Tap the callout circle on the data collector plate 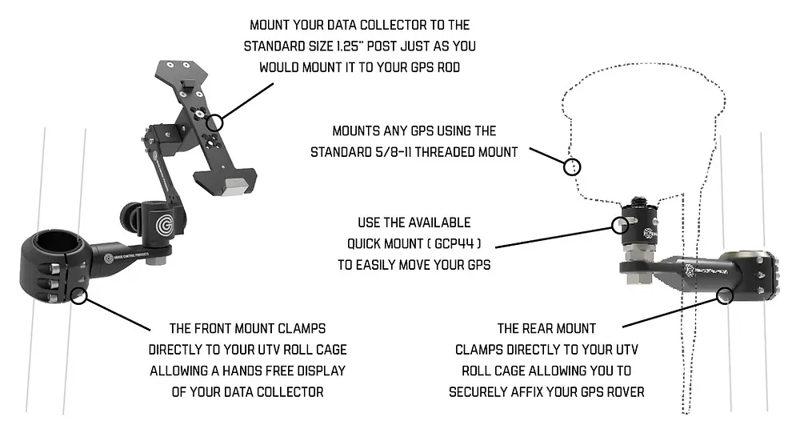214,122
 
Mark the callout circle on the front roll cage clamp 78,296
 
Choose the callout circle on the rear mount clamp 726,295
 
